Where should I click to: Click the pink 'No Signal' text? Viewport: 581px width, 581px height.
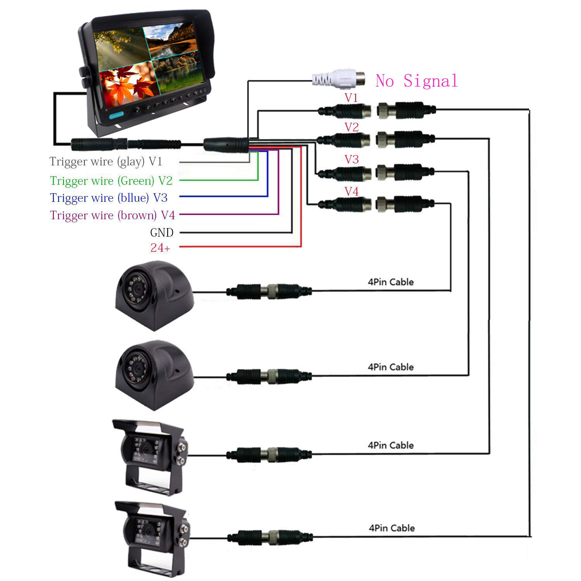416,81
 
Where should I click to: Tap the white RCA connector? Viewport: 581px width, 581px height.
339,79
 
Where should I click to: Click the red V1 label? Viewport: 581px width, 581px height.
351,98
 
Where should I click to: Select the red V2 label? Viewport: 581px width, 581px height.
351,127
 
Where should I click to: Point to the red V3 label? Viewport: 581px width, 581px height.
351,159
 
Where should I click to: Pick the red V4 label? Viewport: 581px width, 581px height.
351,191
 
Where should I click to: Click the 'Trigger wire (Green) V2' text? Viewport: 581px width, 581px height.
111,181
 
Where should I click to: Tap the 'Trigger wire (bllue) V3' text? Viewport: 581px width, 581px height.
109,198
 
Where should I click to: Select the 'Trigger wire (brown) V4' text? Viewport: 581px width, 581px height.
112,215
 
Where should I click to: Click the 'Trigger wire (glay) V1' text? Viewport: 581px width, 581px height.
106,162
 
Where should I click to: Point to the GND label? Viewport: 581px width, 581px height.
162,232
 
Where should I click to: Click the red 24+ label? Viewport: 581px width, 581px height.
160,248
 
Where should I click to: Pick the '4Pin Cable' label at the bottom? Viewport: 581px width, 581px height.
392,528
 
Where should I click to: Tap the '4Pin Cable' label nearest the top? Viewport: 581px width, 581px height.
390,282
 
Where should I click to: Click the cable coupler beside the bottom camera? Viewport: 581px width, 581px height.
270,537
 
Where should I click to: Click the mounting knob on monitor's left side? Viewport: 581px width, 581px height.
83,77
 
